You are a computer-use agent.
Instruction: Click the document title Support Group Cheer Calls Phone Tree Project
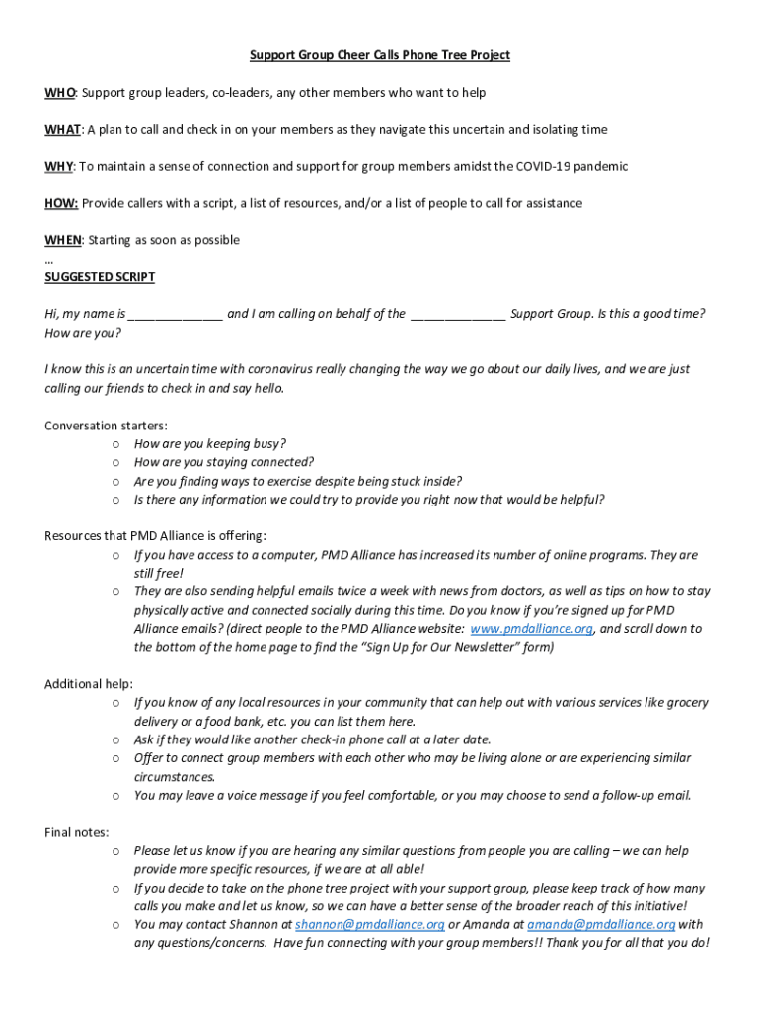[379, 55]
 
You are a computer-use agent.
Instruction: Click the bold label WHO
[59, 93]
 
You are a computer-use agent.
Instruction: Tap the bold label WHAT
[63, 129]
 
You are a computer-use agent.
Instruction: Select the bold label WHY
[58, 166]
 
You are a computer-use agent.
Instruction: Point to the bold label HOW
[61, 203]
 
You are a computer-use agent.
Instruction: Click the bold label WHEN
[63, 240]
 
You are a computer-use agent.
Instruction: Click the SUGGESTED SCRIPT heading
[100, 277]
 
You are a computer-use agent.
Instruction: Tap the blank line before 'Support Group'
[458, 315]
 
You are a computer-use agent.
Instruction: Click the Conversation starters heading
[106, 426]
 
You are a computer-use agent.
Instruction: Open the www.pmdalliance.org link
[531, 629]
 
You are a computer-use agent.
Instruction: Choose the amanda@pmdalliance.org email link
[600, 925]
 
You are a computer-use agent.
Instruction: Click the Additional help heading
[89, 684]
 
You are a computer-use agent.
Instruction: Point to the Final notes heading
[77, 832]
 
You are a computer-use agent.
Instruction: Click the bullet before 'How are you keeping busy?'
[116, 444]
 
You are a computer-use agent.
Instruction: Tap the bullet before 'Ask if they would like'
[116, 739]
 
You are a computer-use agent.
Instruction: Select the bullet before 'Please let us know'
[116, 851]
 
